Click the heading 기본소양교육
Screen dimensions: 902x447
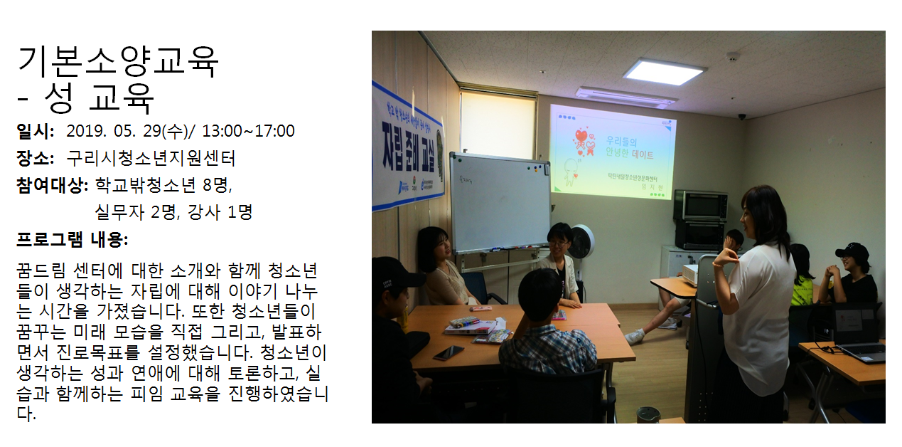pyautogui.click(x=118, y=61)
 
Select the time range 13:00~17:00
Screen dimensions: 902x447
pyautogui.click(x=248, y=131)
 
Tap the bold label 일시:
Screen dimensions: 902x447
pyautogui.click(x=35, y=131)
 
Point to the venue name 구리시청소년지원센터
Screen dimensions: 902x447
pyautogui.click(x=151, y=158)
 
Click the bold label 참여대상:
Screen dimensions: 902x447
pyautogui.click(x=53, y=185)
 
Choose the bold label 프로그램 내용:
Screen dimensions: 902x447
pyautogui.click(x=72, y=239)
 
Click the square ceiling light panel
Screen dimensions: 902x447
pyautogui.click(x=664, y=72)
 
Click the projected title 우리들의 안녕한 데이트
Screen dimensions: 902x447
pyautogui.click(x=629, y=147)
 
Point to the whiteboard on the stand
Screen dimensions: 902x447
pyautogui.click(x=499, y=203)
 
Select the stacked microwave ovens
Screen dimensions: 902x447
pyautogui.click(x=701, y=220)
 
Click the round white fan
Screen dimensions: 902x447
pyautogui.click(x=581, y=242)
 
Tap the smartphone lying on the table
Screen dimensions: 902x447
pyautogui.click(x=449, y=353)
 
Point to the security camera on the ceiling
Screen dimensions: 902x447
pyautogui.click(x=742, y=117)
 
